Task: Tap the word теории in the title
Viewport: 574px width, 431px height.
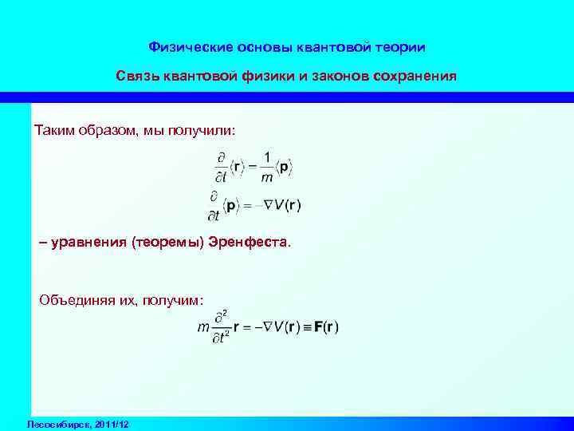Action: pyautogui.click(x=399, y=47)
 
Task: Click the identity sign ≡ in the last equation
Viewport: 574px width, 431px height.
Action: pyautogui.click(x=307, y=328)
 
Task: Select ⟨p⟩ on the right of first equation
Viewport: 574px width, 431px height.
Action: pyautogui.click(x=285, y=167)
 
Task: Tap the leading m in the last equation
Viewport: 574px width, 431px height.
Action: pyautogui.click(x=204, y=327)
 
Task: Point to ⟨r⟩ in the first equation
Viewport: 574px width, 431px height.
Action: pyautogui.click(x=238, y=167)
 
